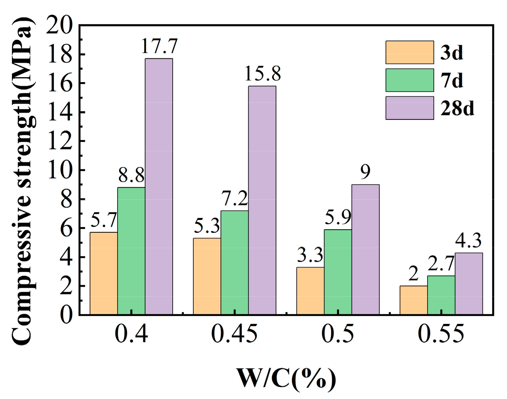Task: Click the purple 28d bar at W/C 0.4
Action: coord(159,186)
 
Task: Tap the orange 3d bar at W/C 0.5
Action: coord(310,291)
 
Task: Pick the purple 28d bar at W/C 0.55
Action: coord(469,284)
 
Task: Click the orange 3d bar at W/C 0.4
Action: coord(103,273)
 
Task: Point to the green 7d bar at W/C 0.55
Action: coord(441,295)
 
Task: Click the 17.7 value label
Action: coord(159,46)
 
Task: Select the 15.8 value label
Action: coord(263,74)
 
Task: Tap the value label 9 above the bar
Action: coord(365,172)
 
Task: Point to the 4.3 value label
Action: coord(468,241)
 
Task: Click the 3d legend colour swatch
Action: coord(409,52)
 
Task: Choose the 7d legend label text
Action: coord(452,80)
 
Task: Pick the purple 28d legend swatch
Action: coord(409,108)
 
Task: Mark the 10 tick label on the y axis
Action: coord(60,170)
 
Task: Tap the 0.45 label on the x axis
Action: coord(234,334)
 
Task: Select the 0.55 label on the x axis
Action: coord(441,334)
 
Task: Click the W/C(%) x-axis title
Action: coord(286,379)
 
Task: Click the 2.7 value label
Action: coord(441,264)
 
